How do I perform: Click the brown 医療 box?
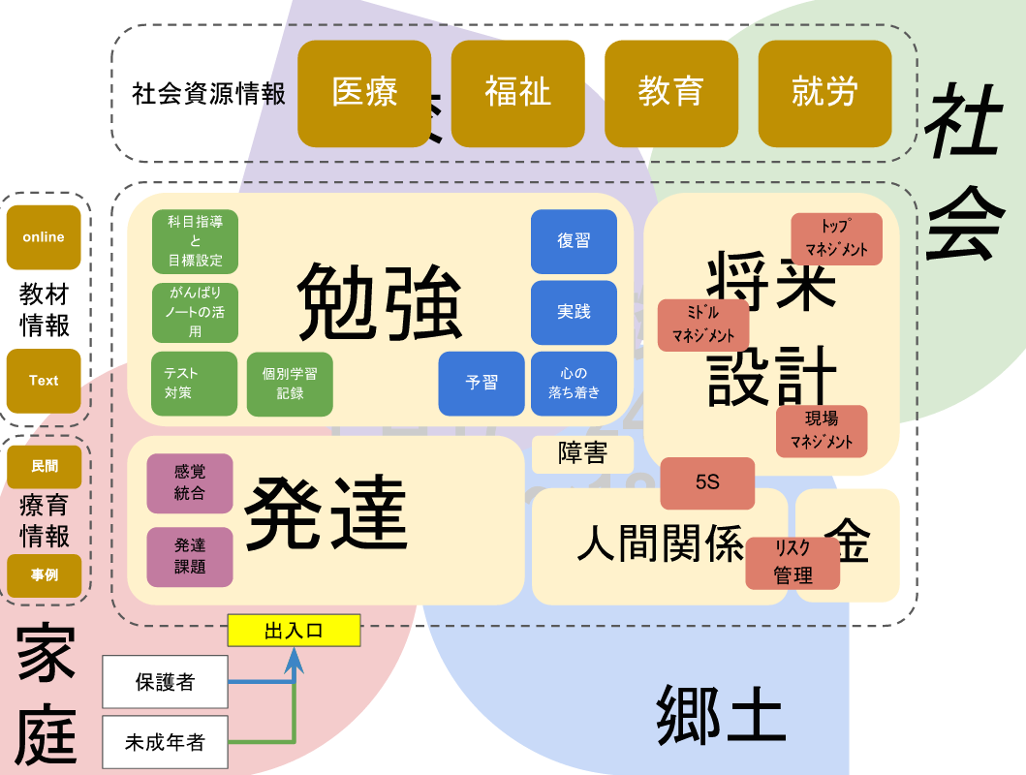(x=364, y=93)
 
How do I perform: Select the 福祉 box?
(x=517, y=93)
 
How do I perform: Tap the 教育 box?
(x=670, y=93)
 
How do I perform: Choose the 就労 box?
(x=824, y=93)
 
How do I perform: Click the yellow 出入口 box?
(x=294, y=631)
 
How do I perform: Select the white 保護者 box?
(x=165, y=682)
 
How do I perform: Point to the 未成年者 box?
(x=165, y=743)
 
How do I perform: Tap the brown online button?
(x=44, y=237)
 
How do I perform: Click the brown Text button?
(x=44, y=381)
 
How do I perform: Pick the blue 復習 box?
(x=574, y=241)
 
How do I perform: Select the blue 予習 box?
(x=482, y=383)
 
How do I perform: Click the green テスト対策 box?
(x=194, y=384)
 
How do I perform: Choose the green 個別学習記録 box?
(x=291, y=384)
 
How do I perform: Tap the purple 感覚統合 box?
(x=190, y=482)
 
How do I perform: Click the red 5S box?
(x=707, y=482)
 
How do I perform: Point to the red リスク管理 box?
(x=793, y=562)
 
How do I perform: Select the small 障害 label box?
(x=582, y=454)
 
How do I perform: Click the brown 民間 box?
(x=44, y=467)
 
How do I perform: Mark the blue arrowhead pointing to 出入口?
(x=294, y=661)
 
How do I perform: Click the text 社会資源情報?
(x=209, y=94)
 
